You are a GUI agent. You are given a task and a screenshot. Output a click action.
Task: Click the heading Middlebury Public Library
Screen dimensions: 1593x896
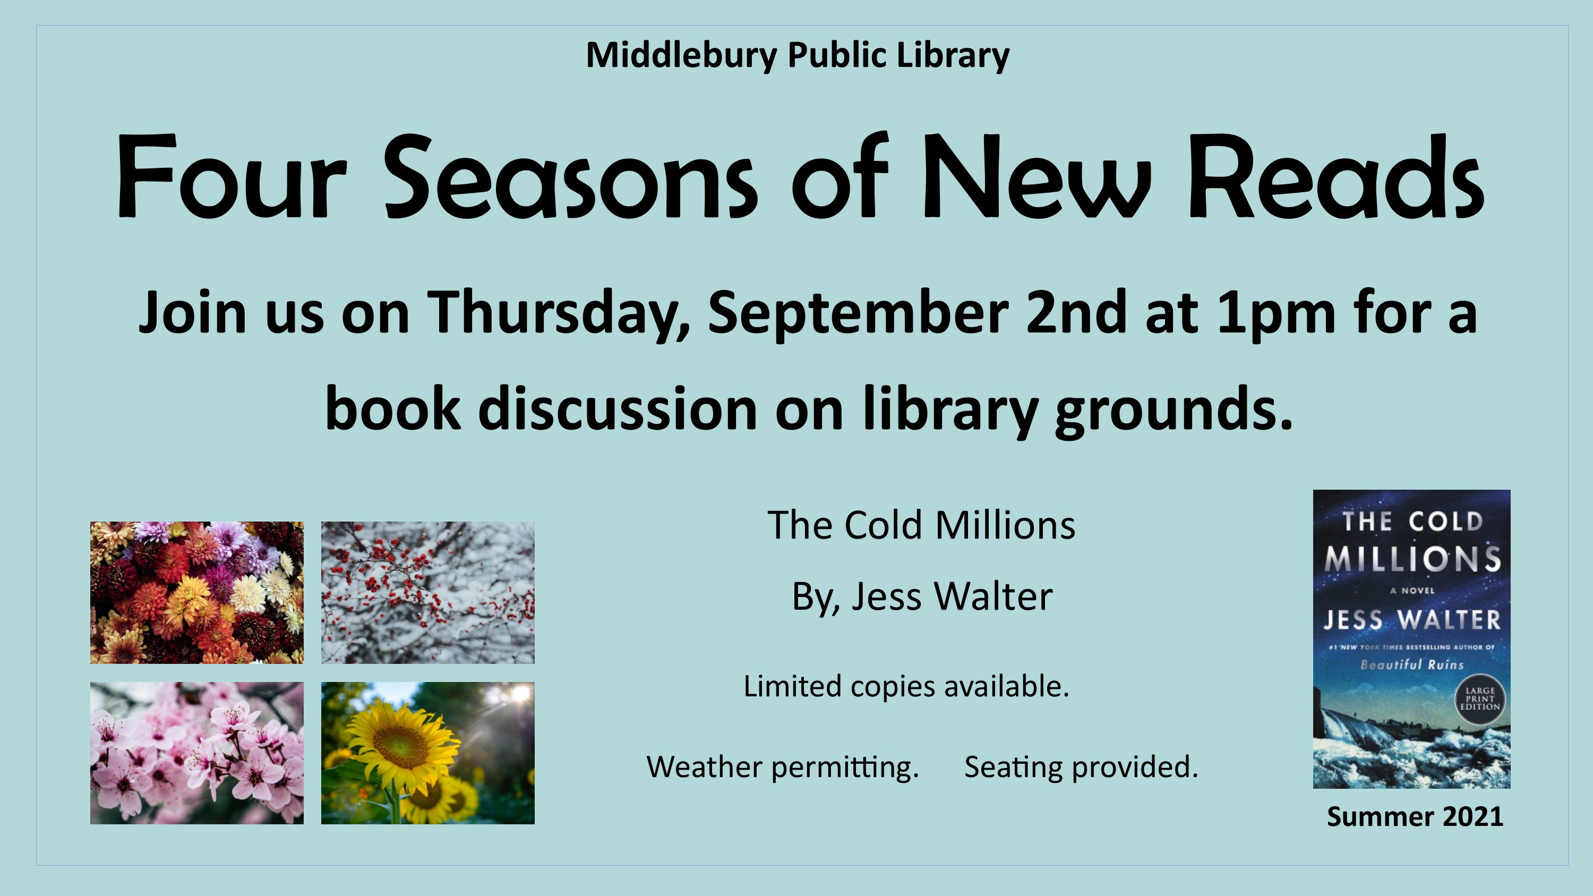pyautogui.click(x=797, y=56)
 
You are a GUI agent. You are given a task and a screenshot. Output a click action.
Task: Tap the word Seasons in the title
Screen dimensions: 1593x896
pyautogui.click(x=570, y=177)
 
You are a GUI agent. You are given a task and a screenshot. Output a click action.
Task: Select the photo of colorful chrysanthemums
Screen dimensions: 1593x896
pyautogui.click(x=196, y=592)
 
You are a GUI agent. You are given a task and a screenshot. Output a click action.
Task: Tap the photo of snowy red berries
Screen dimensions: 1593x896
pyautogui.click(x=427, y=592)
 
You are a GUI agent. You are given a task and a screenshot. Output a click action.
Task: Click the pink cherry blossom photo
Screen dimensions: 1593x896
pyautogui.click(x=196, y=753)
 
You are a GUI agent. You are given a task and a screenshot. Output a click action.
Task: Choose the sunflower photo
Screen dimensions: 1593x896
pyautogui.click(x=427, y=753)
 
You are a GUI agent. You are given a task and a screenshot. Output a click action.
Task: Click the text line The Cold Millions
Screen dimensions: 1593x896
pyautogui.click(x=921, y=526)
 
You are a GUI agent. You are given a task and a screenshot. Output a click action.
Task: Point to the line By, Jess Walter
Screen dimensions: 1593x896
pyautogui.click(x=922, y=598)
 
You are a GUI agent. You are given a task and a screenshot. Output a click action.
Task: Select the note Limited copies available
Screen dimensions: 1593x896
pyautogui.click(x=906, y=686)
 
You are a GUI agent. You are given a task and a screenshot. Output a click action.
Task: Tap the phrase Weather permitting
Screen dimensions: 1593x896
pyautogui.click(x=783, y=767)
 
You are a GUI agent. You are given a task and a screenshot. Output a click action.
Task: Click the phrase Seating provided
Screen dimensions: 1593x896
pyautogui.click(x=1081, y=767)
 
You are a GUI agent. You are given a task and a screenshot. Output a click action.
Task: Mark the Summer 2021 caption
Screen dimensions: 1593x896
pyautogui.click(x=1415, y=817)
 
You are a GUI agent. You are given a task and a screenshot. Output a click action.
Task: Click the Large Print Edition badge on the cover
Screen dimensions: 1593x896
pyautogui.click(x=1480, y=699)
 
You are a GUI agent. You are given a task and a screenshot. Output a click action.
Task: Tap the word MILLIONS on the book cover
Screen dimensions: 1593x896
pyautogui.click(x=1412, y=558)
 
